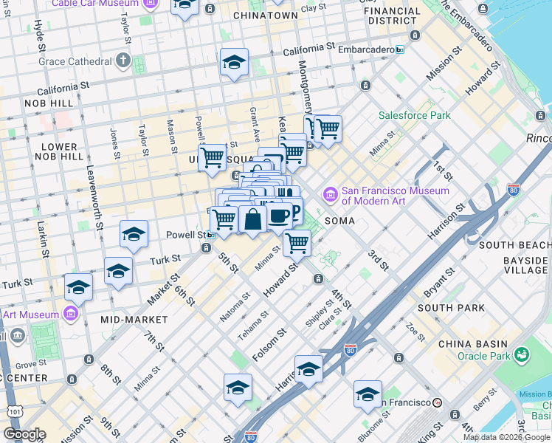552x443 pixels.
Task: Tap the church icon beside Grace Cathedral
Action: tap(123, 60)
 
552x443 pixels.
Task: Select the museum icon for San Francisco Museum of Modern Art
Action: tap(330, 195)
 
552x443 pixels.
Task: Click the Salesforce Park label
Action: tap(414, 116)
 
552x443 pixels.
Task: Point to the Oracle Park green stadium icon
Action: tap(523, 355)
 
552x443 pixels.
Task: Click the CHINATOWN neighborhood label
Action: tap(265, 16)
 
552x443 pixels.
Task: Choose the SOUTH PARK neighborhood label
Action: tap(451, 308)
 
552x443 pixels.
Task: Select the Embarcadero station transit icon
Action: tap(400, 49)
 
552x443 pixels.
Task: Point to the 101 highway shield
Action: tap(10, 411)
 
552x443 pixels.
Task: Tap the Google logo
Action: tap(24, 434)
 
